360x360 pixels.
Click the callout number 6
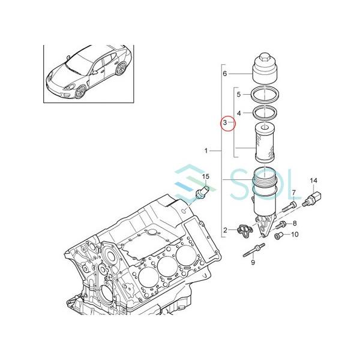[x=225, y=74]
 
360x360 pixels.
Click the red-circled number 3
[x=226, y=124]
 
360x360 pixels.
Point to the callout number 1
[x=207, y=151]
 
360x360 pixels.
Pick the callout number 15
[x=205, y=176]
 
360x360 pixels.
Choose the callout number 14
[x=313, y=181]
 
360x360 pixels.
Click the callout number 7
[x=294, y=192]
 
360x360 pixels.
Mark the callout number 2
[x=226, y=230]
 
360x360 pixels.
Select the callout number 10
[x=295, y=235]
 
